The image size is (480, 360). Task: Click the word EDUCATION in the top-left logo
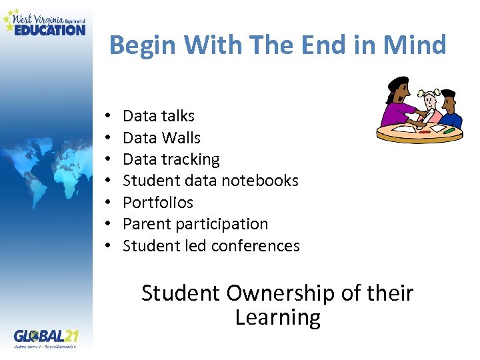pos(49,29)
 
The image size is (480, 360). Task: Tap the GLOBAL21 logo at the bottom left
pos(45,335)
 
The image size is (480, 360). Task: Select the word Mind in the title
pos(415,45)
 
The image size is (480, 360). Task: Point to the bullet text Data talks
pos(159,116)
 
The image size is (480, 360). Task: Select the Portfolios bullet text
pos(158,203)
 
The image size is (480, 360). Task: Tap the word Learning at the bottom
pos(277,317)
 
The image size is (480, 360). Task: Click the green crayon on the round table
pos(448,131)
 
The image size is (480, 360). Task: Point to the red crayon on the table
pos(425,131)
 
